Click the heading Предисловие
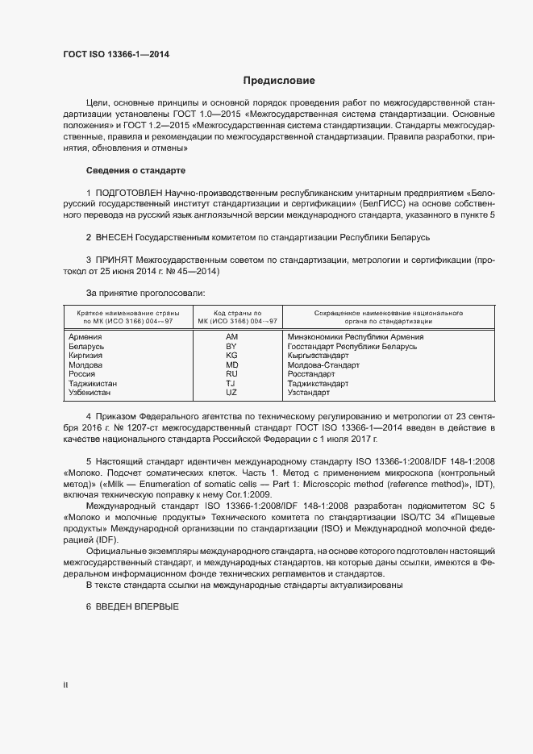click(x=280, y=81)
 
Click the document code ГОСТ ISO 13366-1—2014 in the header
click(x=116, y=56)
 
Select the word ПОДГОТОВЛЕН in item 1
click(x=129, y=194)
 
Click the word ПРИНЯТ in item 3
click(x=115, y=261)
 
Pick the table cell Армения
click(x=85, y=336)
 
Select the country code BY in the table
click(x=231, y=346)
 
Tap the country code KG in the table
click(x=231, y=355)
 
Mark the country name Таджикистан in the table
click(x=93, y=383)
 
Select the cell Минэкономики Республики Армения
click(x=356, y=336)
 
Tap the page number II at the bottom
click(x=65, y=685)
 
